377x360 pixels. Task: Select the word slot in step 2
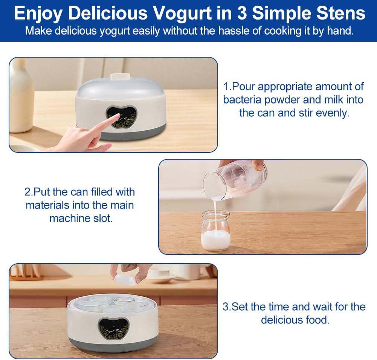[104, 218]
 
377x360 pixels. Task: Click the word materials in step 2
[47, 205]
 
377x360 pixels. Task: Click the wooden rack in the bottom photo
[26, 273]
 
